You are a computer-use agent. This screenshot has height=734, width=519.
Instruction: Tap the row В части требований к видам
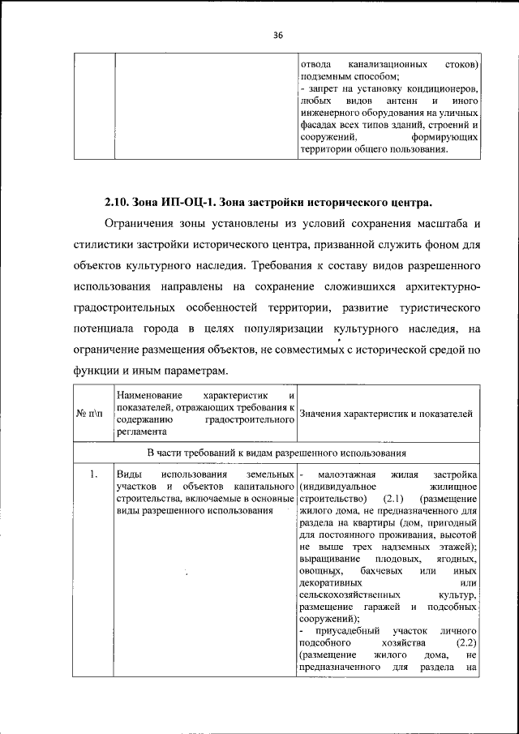tap(276, 453)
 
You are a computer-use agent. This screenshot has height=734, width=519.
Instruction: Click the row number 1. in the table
tap(94, 474)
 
